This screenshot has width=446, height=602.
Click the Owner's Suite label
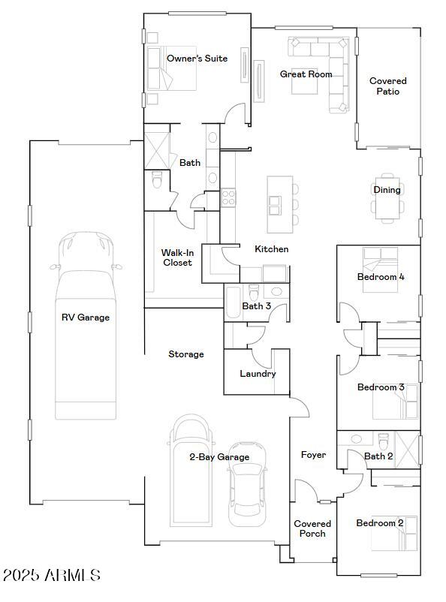coord(197,59)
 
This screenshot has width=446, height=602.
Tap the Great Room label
coord(306,74)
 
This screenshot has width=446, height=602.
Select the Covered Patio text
coord(388,86)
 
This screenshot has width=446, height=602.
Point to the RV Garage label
coord(85,318)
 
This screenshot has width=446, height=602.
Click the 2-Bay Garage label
coord(219,457)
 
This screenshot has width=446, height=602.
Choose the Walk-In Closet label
coord(177,257)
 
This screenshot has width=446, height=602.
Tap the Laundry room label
coord(258,374)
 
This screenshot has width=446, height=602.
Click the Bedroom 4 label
coord(380,277)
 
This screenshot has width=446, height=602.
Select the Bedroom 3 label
coord(380,387)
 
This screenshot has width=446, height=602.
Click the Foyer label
coord(313,455)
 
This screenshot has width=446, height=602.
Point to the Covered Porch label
coord(312,528)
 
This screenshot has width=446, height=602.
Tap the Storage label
coord(185,354)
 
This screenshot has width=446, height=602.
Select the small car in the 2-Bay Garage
coord(247,492)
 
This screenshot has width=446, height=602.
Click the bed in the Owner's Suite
coord(175,69)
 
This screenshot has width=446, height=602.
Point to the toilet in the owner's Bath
coord(157,181)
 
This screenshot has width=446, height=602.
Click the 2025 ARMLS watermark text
coord(51,576)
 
